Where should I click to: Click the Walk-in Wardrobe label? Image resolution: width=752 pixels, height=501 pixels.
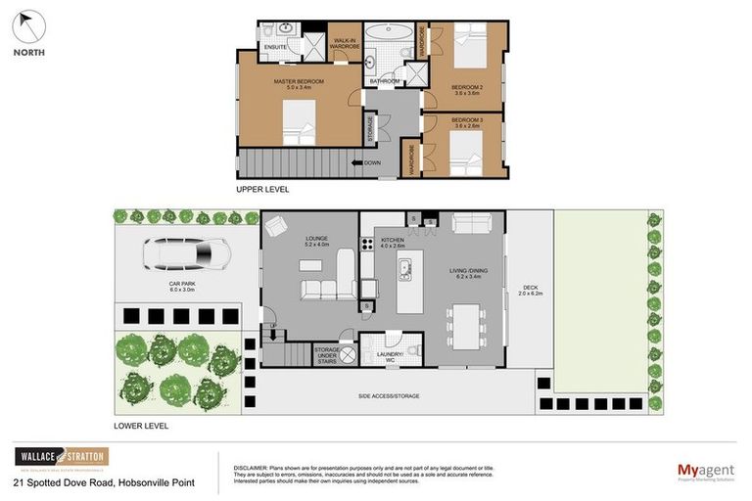point(343,43)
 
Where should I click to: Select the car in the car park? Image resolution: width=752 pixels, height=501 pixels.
point(186,255)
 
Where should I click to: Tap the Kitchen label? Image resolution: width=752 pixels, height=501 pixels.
point(391,241)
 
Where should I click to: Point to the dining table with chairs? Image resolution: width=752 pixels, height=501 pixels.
point(466,324)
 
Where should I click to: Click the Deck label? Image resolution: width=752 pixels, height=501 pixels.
point(530,290)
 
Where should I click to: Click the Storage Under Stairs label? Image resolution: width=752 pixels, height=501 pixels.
point(326,354)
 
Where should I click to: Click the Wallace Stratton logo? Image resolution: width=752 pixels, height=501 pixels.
point(62,458)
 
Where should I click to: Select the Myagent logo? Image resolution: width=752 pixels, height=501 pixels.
point(705,472)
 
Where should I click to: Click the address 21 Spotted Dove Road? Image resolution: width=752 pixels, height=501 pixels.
point(104,482)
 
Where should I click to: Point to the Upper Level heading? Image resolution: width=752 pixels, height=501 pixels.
point(262,189)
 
